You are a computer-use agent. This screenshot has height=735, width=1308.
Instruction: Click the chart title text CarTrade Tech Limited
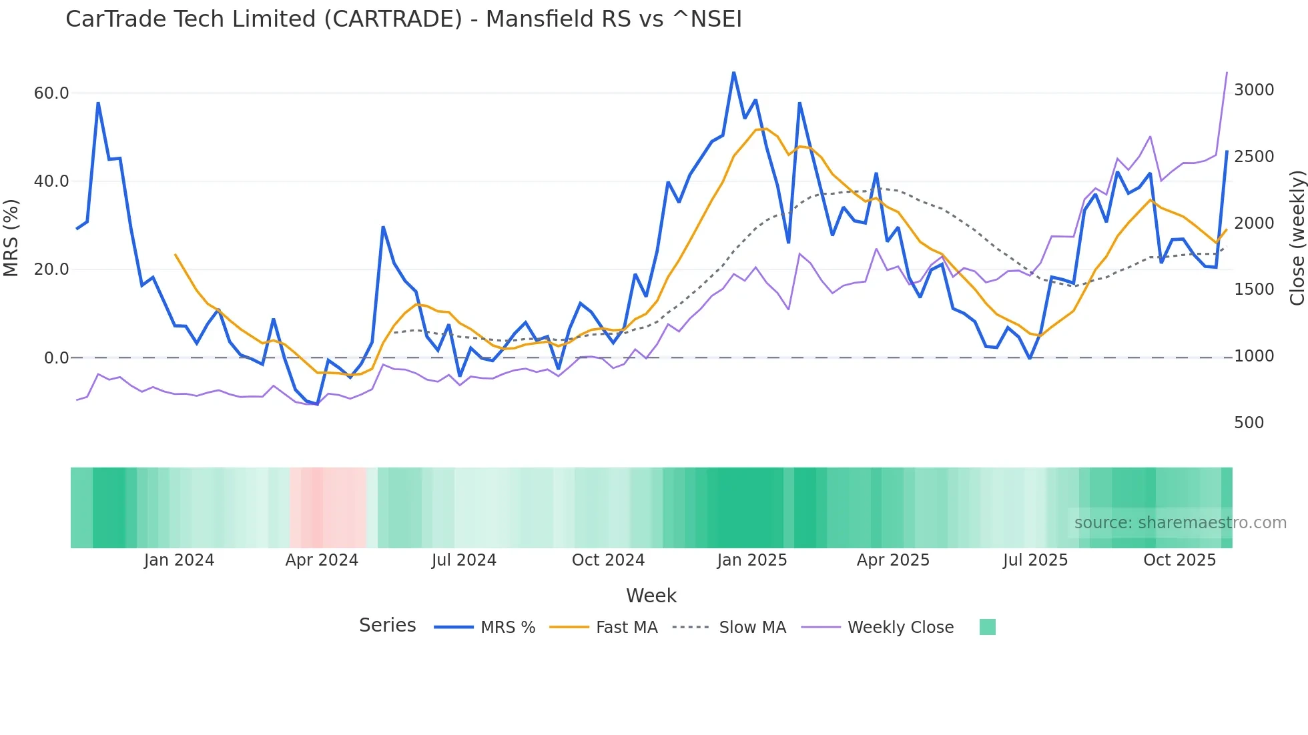pyautogui.click(x=403, y=19)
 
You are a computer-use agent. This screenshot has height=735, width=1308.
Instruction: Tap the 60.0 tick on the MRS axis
pyautogui.click(x=51, y=93)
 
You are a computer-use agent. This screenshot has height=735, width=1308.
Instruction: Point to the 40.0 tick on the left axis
pyautogui.click(x=51, y=181)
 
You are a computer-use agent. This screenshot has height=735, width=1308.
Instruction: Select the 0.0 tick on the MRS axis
pyautogui.click(x=56, y=357)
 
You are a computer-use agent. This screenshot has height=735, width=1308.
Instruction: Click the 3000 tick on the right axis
pyautogui.click(x=1254, y=90)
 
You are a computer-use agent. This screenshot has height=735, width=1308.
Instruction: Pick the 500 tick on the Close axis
pyautogui.click(x=1249, y=422)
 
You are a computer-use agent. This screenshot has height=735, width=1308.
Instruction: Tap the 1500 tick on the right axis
pyautogui.click(x=1254, y=289)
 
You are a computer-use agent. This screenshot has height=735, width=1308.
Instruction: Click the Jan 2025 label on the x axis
pyautogui.click(x=751, y=560)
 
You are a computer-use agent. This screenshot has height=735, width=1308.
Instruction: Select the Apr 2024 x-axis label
pyautogui.click(x=322, y=560)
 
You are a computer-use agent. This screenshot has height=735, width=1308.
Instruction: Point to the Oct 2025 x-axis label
pyautogui.click(x=1179, y=560)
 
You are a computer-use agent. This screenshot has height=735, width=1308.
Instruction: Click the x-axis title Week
pyautogui.click(x=651, y=596)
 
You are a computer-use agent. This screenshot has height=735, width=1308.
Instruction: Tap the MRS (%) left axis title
pyautogui.click(x=11, y=237)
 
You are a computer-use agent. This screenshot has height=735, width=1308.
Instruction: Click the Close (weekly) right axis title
pyautogui.click(x=1297, y=237)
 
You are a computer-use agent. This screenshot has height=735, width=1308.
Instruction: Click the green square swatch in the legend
pyautogui.click(x=987, y=627)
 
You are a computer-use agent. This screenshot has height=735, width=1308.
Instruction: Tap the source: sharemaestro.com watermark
pyautogui.click(x=1180, y=523)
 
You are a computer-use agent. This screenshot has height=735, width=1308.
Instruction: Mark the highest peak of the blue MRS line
pyautogui.click(x=733, y=73)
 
